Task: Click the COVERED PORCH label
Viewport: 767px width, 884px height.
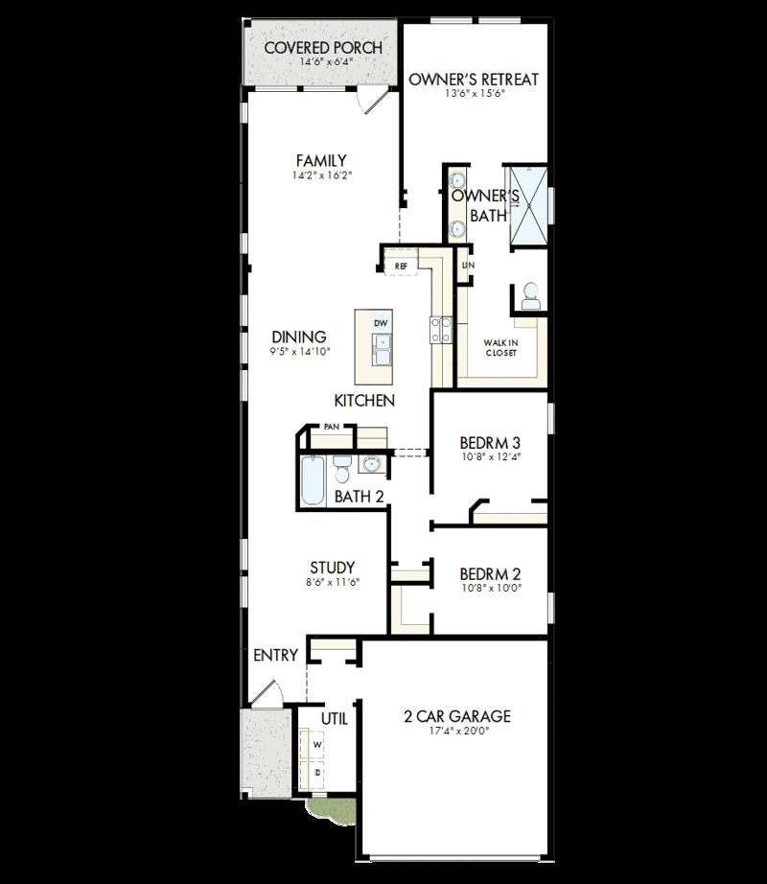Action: point(323,47)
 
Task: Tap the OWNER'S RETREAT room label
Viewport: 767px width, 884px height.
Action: point(474,80)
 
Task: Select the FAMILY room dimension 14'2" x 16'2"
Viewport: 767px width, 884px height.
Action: point(320,176)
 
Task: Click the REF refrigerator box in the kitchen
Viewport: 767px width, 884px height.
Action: point(401,266)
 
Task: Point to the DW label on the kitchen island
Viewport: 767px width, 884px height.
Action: point(381,323)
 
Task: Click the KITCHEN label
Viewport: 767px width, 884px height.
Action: point(364,400)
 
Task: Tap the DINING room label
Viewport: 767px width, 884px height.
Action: point(299,337)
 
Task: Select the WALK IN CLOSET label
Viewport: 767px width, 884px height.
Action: point(500,347)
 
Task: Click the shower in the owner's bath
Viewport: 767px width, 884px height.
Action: point(529,205)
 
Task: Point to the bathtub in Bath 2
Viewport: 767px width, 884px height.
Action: point(313,481)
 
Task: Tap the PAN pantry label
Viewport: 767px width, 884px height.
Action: point(331,426)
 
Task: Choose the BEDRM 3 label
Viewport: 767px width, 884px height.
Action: point(490,443)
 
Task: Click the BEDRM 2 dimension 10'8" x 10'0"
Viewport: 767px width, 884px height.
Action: point(490,589)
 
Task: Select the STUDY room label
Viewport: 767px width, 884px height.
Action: point(333,567)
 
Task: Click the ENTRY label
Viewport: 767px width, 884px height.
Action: point(275,656)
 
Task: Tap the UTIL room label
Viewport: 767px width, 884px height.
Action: point(334,718)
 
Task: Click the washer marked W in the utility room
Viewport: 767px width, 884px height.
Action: point(317,743)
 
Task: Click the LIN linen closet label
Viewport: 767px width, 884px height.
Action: point(467,265)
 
